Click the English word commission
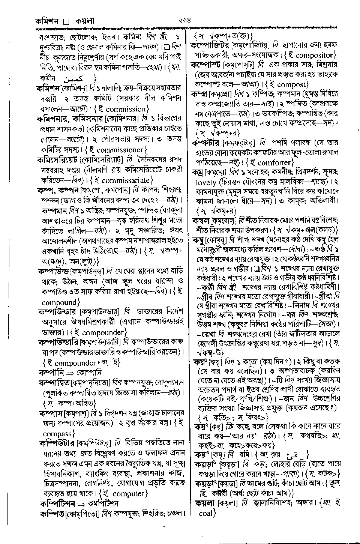pos(126,109)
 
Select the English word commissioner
pos(120,150)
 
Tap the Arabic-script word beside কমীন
pos(75,79)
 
